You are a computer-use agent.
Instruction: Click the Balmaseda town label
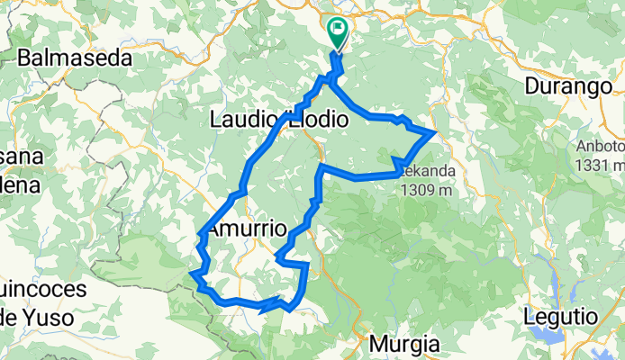point(75,58)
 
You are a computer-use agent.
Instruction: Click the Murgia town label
point(405,344)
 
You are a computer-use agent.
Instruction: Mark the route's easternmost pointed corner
point(436,132)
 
